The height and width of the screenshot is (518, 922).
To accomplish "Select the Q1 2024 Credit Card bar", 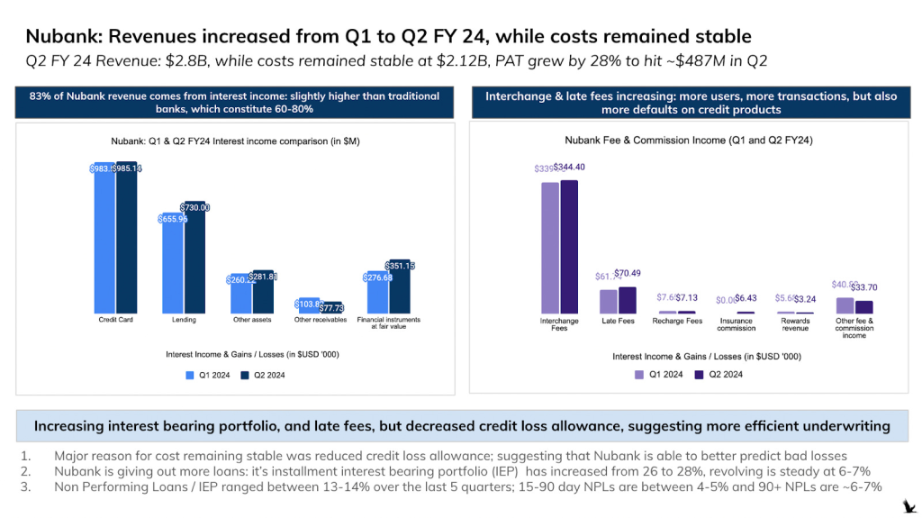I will pyautogui.click(x=104, y=239).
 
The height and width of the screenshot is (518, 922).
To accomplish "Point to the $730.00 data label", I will pyautogui.click(x=194, y=207).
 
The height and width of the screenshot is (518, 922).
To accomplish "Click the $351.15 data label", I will pyautogui.click(x=398, y=266).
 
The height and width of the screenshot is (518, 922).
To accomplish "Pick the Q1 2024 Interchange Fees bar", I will pyautogui.click(x=549, y=248).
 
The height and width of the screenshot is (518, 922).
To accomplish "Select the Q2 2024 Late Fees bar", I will pyautogui.click(x=628, y=300).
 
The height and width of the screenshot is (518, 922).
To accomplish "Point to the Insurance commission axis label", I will pyautogui.click(x=736, y=324).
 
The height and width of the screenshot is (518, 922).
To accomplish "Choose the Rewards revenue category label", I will pyautogui.click(x=795, y=324).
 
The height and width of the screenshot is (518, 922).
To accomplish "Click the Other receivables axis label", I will pyautogui.click(x=319, y=320).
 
